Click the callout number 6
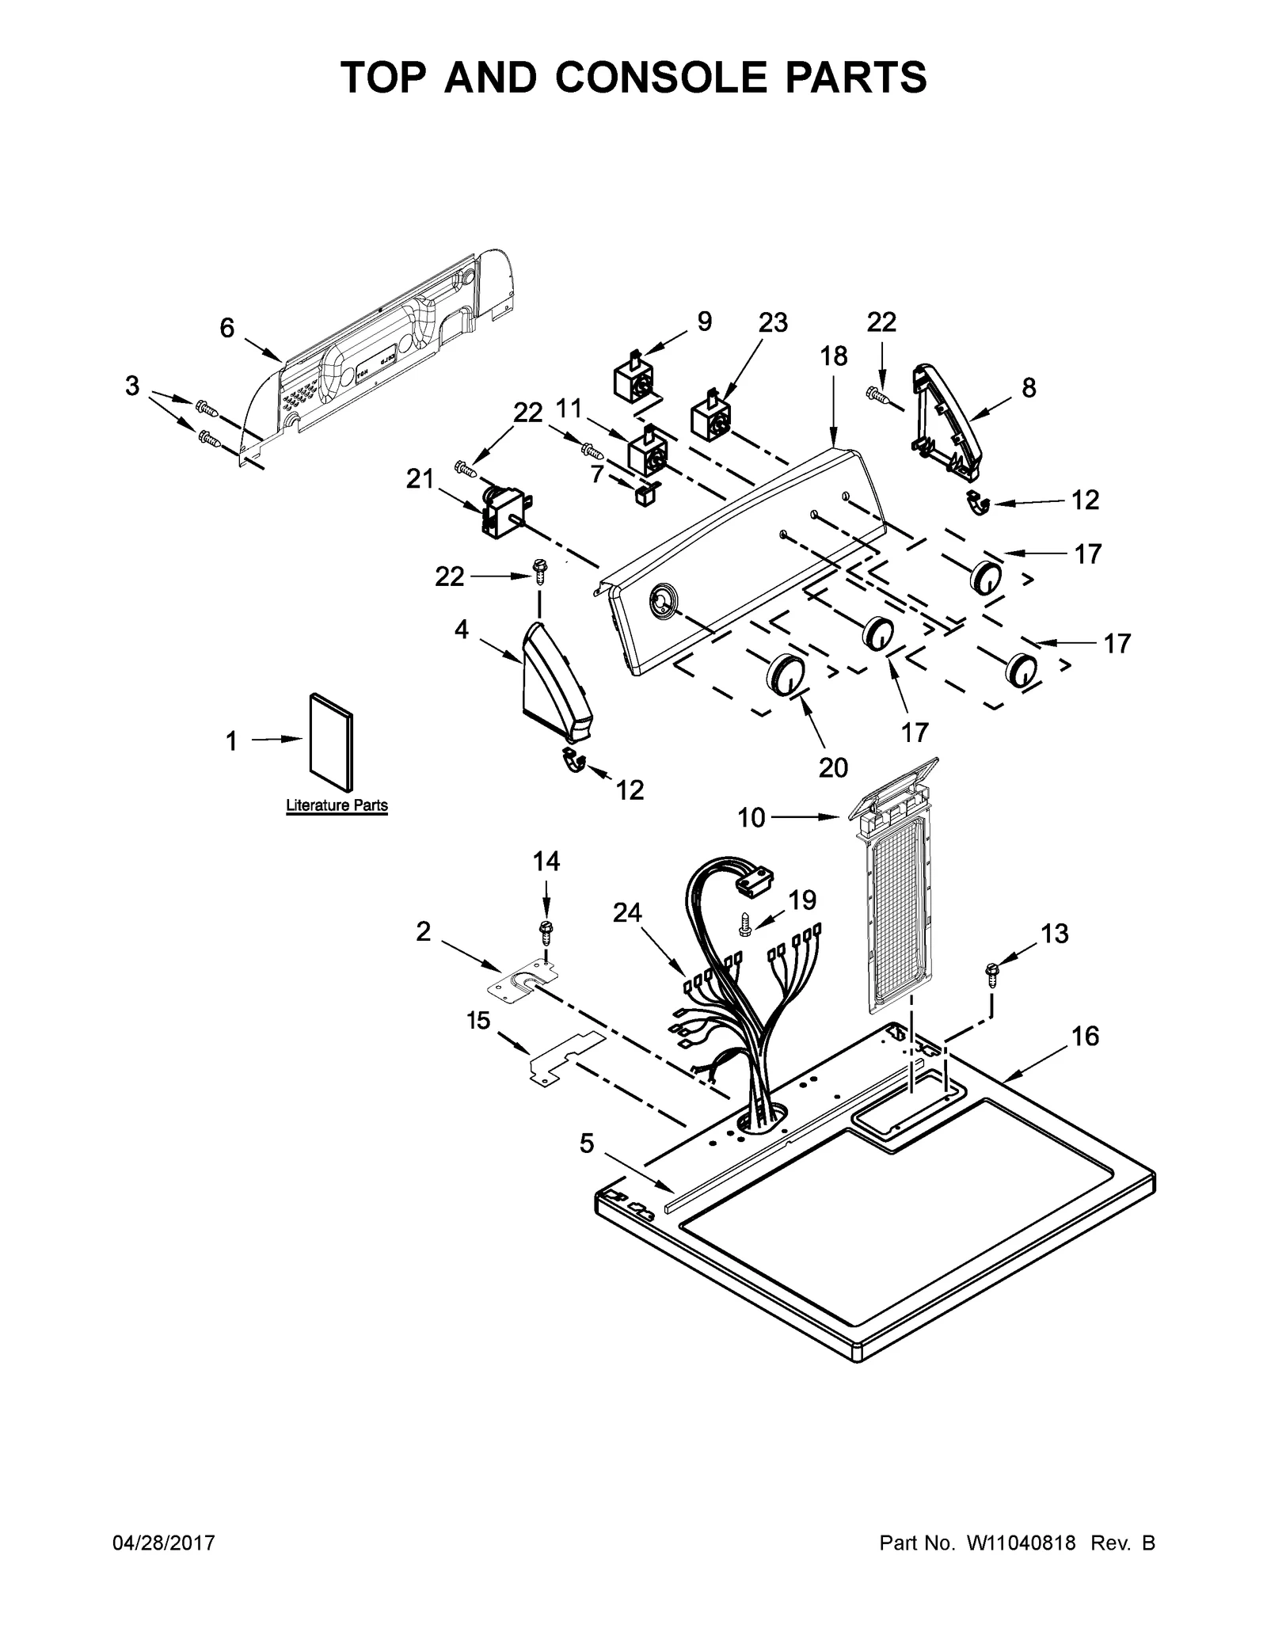227,328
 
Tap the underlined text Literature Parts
337,805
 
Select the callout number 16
1086,1036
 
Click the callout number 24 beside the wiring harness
627,913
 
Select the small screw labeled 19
745,922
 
